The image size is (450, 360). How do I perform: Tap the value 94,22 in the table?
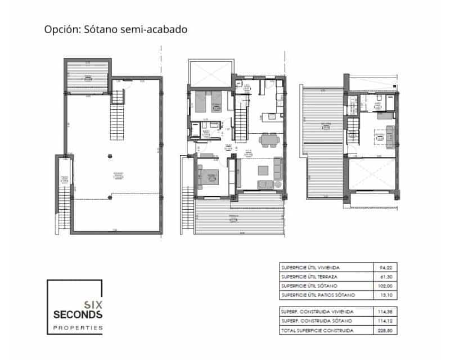[388, 268]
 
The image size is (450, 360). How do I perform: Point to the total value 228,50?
[388, 331]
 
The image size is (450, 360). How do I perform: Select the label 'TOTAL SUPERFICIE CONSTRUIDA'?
[317, 331]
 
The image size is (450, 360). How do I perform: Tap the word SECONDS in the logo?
[76, 313]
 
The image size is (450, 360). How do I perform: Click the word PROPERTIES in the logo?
[76, 327]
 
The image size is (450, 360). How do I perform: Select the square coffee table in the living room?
[263, 171]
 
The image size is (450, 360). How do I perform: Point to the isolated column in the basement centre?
[109, 158]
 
